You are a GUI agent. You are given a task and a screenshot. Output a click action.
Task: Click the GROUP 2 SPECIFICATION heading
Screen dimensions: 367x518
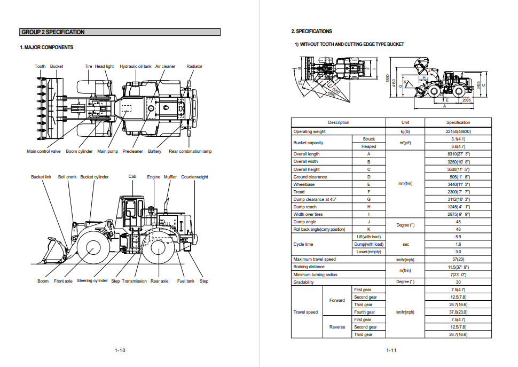point(53,32)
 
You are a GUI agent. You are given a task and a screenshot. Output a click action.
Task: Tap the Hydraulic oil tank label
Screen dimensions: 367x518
point(135,67)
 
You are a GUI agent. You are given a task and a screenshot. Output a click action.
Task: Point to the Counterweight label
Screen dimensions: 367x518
point(194,177)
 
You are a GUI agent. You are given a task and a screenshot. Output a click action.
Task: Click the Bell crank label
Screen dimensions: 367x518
point(67,177)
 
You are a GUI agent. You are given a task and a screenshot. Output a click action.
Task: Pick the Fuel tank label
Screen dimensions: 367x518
point(186,282)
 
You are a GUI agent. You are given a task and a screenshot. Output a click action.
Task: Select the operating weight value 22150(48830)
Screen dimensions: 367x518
point(458,131)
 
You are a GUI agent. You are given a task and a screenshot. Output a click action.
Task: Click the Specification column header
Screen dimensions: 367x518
point(458,122)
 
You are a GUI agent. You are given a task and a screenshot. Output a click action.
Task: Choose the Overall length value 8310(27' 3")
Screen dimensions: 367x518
point(458,154)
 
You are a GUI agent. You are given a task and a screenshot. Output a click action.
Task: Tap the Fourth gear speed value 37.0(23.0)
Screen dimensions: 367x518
point(458,312)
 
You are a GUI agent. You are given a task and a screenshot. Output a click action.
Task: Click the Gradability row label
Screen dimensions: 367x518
point(303,282)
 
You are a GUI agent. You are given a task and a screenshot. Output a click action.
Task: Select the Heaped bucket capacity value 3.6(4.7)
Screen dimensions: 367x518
point(458,146)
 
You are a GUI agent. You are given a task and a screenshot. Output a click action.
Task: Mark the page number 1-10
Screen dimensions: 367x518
point(120,350)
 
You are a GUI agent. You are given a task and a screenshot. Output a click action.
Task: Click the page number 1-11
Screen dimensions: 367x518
point(391,350)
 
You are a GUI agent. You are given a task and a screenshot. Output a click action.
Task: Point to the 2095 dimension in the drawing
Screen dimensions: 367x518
point(467,100)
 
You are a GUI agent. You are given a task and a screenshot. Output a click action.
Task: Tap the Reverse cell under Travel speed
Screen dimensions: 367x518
point(337,327)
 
